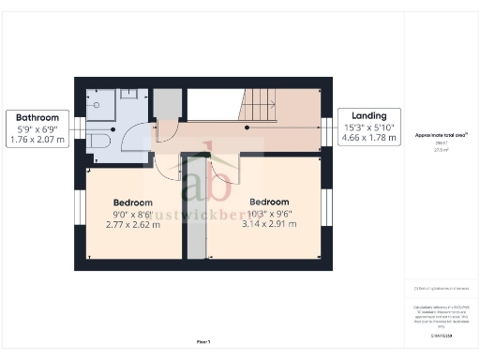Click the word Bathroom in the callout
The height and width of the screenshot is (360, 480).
click(37, 118)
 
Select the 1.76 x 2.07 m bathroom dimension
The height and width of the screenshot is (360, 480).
click(37, 140)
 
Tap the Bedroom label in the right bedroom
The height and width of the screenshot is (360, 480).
click(268, 202)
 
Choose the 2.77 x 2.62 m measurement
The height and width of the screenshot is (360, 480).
click(132, 224)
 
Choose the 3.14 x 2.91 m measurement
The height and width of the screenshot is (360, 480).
click(268, 223)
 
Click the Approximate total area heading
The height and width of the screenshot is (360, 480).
click(441, 136)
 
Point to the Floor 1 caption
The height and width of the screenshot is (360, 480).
click(203, 341)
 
